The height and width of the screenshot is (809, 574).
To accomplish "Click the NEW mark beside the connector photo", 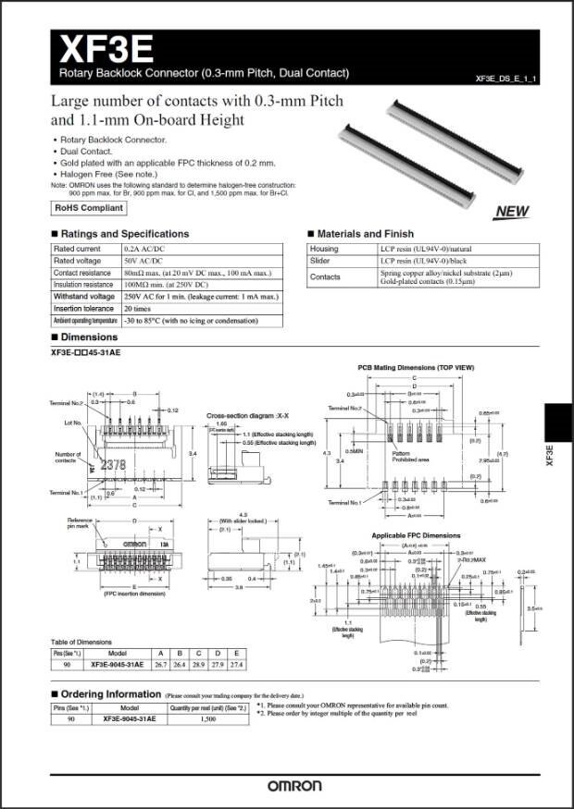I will (x=512, y=212).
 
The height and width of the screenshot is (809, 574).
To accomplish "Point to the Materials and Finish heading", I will (x=365, y=234).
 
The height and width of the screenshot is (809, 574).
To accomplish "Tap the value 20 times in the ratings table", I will (x=138, y=308).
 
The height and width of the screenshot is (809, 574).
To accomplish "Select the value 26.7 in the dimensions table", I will (x=160, y=663).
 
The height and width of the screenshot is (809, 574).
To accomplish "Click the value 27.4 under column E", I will (x=237, y=663).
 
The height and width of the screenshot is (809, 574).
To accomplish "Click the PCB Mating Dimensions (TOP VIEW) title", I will (x=416, y=368).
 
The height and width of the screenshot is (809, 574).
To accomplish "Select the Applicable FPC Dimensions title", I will (x=416, y=535).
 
